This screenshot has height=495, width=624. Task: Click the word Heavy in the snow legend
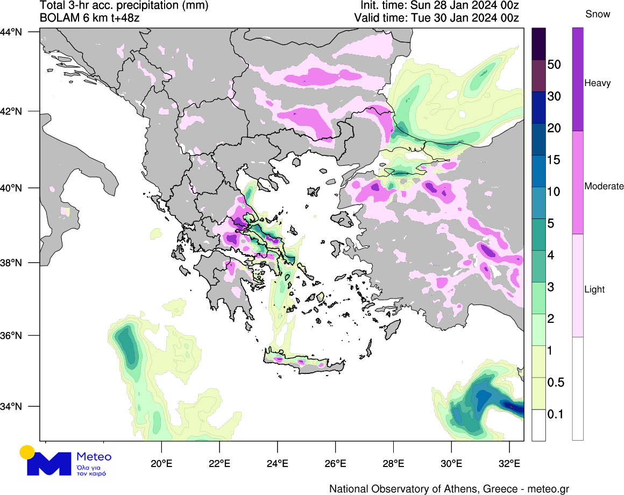click(x=597, y=83)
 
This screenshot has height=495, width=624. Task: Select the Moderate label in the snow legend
click(x=604, y=187)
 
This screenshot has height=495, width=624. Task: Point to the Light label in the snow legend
click(x=594, y=289)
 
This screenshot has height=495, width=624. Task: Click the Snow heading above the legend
click(x=598, y=15)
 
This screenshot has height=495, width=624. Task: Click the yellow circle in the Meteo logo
click(x=27, y=452)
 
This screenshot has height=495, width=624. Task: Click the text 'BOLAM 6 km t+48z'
click(x=91, y=18)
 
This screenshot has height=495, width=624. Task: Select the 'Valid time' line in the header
click(x=436, y=18)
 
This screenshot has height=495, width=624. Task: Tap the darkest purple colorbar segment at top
click(x=539, y=44)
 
